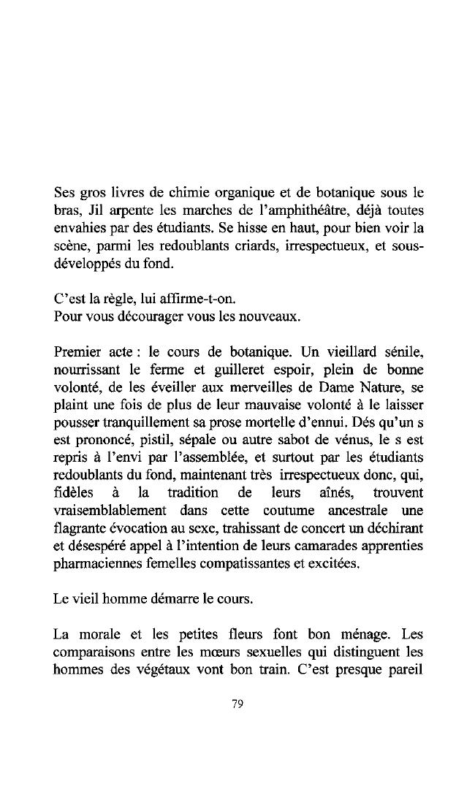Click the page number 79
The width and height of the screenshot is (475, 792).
237,704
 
